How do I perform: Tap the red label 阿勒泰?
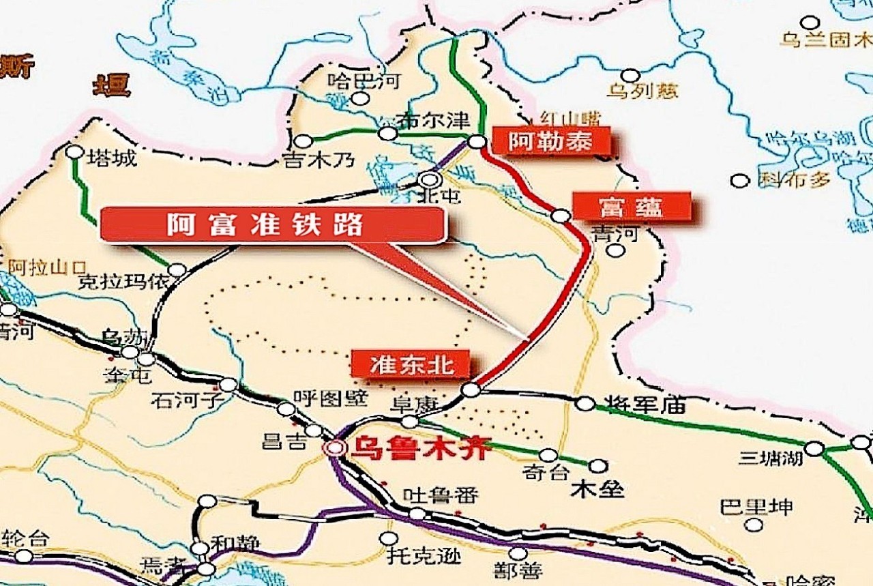click(x=550, y=142)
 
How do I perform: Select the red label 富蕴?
click(x=631, y=206)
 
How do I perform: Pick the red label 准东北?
click(x=411, y=364)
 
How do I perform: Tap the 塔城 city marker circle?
click(x=74, y=151)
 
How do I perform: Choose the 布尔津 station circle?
click(x=387, y=134)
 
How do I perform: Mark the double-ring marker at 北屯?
click(x=430, y=179)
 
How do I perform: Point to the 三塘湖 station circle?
click(x=814, y=448)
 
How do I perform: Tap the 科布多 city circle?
click(x=740, y=181)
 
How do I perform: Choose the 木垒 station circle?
click(x=598, y=466)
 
